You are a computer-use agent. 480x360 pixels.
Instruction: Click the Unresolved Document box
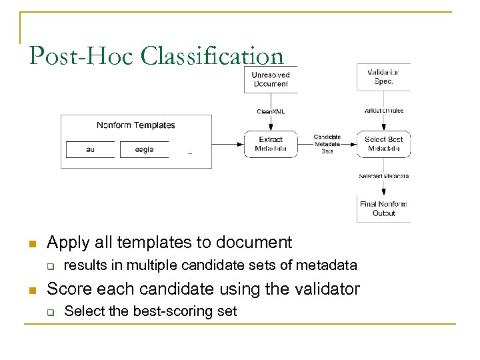pos(270,79)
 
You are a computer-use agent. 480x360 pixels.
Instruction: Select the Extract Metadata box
pos(270,144)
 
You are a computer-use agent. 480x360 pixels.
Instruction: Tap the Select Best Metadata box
pos(383,144)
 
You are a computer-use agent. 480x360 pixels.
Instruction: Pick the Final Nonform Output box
pos(383,209)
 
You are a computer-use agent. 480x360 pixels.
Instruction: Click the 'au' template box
pos(90,149)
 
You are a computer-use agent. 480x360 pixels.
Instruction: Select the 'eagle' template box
pos(144,149)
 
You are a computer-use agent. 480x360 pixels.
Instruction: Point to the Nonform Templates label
pos(136,125)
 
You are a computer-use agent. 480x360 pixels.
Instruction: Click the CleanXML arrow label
pos(271,111)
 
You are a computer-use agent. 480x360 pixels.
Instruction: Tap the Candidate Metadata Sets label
pos(327,144)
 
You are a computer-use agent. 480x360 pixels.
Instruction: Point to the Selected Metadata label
pos(383,176)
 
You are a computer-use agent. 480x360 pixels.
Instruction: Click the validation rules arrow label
pos(383,110)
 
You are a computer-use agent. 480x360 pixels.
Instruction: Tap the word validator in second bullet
pos(323,289)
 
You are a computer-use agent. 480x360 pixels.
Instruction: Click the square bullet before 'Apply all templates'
pos(31,243)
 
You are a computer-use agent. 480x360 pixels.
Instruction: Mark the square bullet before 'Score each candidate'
pos(31,290)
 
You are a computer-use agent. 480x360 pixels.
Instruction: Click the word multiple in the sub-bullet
pos(183,265)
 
